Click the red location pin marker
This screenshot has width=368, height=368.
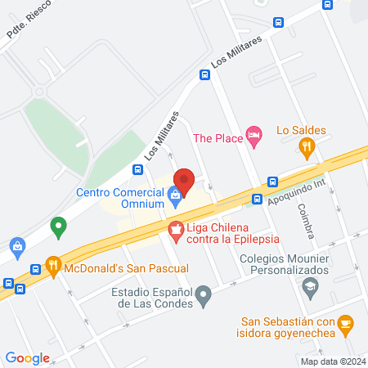184,180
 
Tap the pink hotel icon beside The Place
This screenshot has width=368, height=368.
254,138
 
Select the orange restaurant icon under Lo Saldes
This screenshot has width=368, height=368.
307,148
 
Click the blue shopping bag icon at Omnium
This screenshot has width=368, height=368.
175,195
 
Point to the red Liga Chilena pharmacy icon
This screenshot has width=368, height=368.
175,231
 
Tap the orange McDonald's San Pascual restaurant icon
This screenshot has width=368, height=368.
53,265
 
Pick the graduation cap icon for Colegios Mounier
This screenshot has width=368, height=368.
310,286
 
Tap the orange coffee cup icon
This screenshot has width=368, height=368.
345,325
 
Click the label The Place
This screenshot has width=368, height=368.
218,138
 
